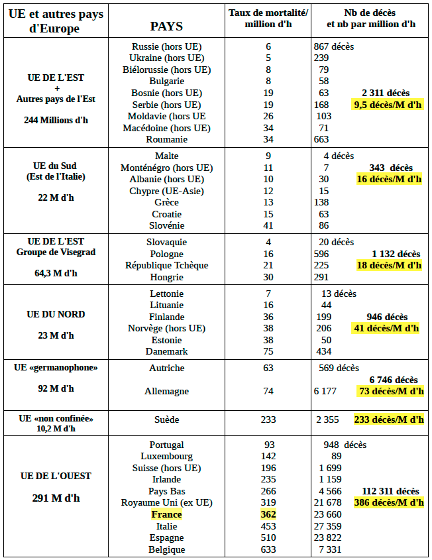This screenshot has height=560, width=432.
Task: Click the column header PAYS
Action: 166,27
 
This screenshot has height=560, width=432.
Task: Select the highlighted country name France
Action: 166,514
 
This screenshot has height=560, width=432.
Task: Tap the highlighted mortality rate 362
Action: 268,514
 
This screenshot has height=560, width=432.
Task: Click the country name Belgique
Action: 166,549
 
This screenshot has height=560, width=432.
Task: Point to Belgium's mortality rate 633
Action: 268,549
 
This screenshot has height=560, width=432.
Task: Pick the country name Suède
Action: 166,420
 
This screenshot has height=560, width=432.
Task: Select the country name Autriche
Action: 166,368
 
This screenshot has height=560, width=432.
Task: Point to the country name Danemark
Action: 166,351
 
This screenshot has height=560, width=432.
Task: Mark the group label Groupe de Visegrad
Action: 56,252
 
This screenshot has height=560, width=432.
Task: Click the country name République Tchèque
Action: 166,265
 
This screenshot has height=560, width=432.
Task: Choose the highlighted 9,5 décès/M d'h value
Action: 388,105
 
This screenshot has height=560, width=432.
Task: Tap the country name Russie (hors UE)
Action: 166,46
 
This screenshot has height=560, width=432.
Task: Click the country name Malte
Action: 166,156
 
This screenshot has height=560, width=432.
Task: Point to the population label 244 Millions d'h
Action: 56,120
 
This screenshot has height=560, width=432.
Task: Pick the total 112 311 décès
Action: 390,491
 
